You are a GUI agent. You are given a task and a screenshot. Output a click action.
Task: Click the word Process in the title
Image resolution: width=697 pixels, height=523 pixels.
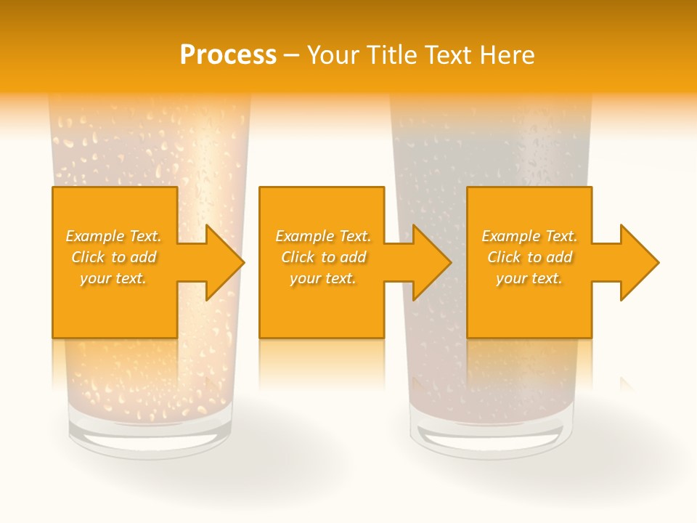(x=228, y=55)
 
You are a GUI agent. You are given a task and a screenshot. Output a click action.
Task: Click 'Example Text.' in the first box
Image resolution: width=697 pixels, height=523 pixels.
(x=113, y=236)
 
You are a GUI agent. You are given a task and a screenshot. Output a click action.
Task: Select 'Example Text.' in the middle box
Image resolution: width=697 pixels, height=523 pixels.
(x=323, y=236)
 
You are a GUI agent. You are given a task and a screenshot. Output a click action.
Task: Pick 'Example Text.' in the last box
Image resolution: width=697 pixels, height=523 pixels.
(x=529, y=236)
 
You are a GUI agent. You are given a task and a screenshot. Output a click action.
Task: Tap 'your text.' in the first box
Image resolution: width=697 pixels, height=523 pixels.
(x=113, y=278)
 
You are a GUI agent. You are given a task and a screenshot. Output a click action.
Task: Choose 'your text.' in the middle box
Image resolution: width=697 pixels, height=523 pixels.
(x=323, y=278)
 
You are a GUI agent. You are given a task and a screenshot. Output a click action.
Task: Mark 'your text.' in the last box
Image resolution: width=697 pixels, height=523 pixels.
(x=529, y=278)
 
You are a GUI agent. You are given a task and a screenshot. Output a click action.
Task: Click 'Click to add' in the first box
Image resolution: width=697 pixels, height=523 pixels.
(x=113, y=257)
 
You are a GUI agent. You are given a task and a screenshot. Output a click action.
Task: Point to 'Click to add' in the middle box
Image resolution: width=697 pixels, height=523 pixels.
(x=323, y=257)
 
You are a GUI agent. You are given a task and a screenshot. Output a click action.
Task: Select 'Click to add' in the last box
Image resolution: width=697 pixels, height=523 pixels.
(x=529, y=257)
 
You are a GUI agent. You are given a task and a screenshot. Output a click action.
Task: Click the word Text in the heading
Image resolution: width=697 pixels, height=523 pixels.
(x=447, y=55)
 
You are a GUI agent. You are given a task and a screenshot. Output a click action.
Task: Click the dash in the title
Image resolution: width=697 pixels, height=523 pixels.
(x=291, y=55)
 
